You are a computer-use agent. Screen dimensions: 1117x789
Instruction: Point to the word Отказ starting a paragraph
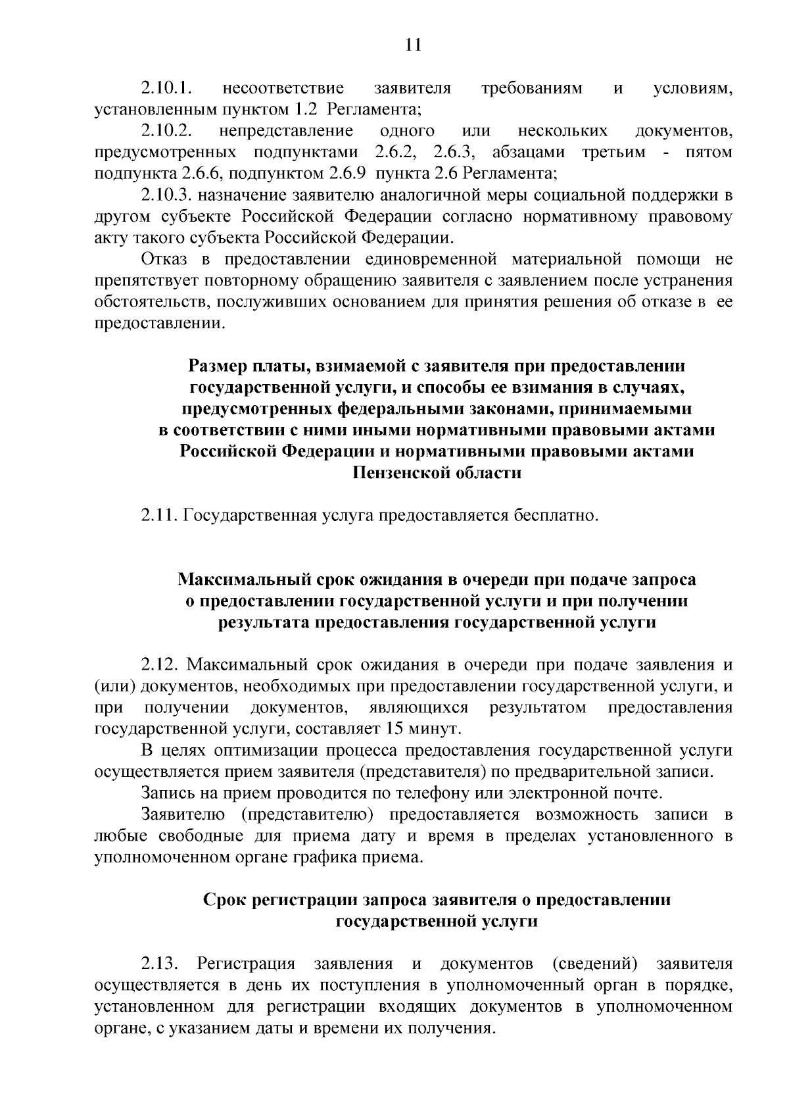164,260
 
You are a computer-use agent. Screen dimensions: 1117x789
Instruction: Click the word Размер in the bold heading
215,366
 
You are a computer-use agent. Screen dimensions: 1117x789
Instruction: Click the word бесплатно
556,514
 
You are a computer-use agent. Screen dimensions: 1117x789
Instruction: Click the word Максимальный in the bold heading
245,580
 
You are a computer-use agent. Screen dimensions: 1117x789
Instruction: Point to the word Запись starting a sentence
166,793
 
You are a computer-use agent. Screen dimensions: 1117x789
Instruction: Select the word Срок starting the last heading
224,900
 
